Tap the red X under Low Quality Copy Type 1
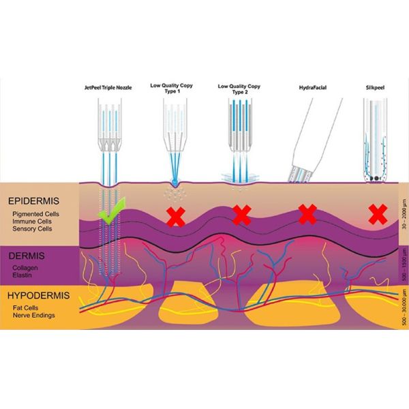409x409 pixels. click(177, 217)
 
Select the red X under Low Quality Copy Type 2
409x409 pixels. click(241, 215)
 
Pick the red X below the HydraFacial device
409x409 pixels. click(307, 215)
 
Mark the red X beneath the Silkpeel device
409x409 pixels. click(377, 215)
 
